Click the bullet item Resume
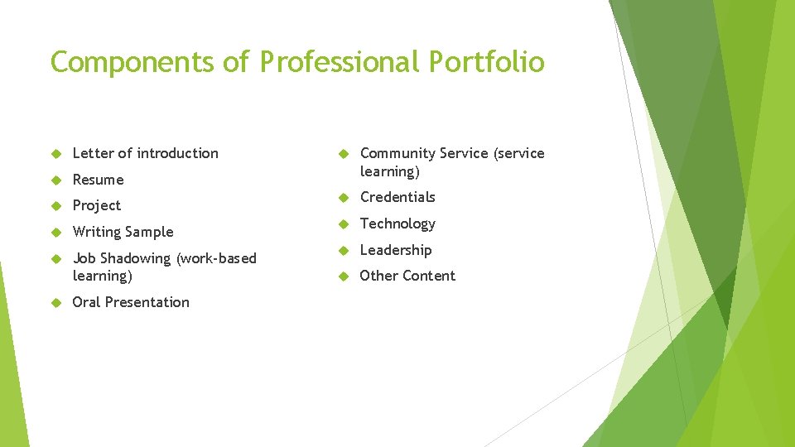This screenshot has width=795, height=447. (x=98, y=180)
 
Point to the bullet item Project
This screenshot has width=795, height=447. (x=97, y=205)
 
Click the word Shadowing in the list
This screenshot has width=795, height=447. (x=136, y=258)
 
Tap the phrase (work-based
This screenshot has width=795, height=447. (x=216, y=258)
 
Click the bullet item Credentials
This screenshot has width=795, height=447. (x=397, y=197)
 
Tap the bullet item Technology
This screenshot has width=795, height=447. (x=397, y=223)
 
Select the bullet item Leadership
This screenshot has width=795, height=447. (x=396, y=250)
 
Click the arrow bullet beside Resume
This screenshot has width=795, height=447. (x=56, y=180)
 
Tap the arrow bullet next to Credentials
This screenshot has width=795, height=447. (x=344, y=198)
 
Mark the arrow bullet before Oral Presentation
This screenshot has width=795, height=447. (x=56, y=303)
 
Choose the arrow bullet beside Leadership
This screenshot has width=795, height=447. (x=344, y=251)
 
